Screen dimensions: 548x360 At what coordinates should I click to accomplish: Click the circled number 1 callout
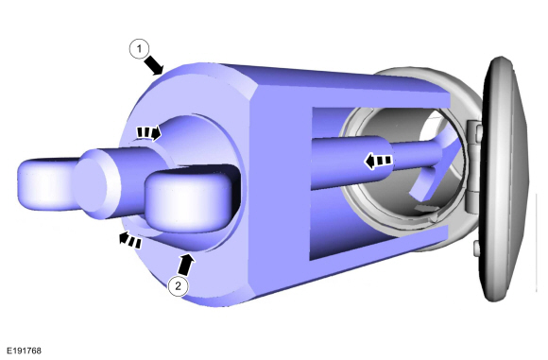[139, 49]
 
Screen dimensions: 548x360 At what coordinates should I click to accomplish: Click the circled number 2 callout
[179, 286]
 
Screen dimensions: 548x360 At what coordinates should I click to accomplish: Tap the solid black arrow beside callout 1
[154, 65]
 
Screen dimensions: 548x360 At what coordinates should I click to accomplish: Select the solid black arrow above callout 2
[185, 265]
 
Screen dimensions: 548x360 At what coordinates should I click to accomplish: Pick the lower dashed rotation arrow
[130, 239]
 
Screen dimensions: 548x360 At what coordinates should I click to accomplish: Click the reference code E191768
[24, 351]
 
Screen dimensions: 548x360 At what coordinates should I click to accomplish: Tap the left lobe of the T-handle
[45, 184]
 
